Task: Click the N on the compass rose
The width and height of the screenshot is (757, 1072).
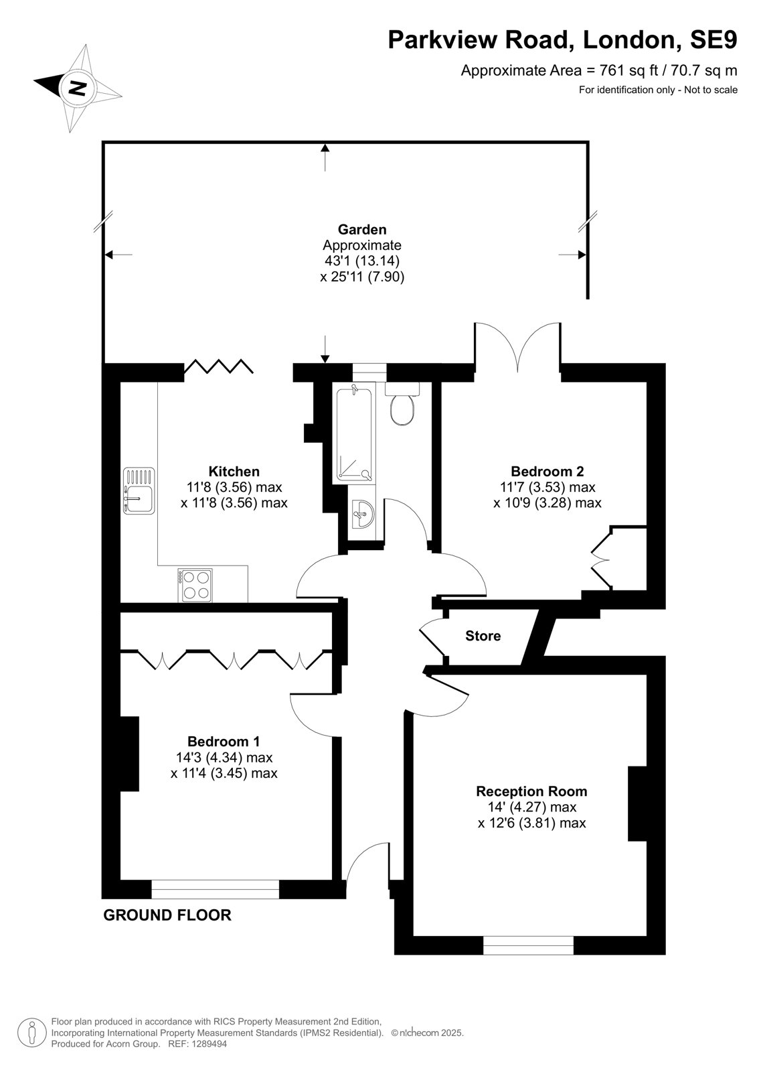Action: (x=76, y=88)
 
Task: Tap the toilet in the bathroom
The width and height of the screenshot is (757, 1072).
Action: (x=402, y=403)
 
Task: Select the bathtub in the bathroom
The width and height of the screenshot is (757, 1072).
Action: (x=354, y=435)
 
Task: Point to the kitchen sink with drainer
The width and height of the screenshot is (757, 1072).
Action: (x=139, y=490)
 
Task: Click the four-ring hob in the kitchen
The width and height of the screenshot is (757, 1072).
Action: (x=195, y=586)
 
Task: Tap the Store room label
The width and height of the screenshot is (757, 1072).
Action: (x=483, y=636)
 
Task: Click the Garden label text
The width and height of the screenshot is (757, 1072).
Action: (x=362, y=230)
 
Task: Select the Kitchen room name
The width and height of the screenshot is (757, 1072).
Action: (x=234, y=472)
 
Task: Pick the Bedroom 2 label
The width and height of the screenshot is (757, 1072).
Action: (x=548, y=472)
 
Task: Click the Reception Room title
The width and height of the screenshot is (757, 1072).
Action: (x=531, y=791)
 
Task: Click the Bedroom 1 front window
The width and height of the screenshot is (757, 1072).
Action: (x=216, y=889)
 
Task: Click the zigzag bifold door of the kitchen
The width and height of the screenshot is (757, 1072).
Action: (x=219, y=366)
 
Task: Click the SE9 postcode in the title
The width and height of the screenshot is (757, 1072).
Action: (x=713, y=40)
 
